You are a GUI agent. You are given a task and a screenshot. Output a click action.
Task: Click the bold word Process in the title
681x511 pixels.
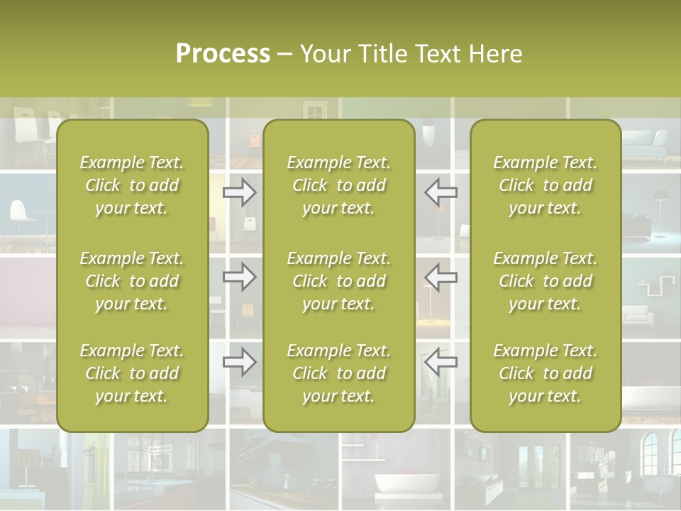[223, 53]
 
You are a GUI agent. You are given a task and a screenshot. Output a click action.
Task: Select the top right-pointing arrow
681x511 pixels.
[240, 192]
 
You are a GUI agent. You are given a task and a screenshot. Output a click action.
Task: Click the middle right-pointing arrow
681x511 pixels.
[240, 276]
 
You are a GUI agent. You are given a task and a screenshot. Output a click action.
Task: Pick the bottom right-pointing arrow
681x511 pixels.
[240, 362]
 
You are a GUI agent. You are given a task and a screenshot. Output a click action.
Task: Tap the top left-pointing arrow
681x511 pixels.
[441, 192]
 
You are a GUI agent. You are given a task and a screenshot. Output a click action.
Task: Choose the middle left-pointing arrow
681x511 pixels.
[441, 276]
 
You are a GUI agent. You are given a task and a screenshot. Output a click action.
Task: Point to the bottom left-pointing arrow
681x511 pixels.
[441, 362]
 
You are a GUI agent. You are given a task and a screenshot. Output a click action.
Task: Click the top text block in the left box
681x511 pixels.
[132, 185]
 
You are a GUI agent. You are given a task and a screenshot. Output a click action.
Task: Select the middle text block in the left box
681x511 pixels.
[132, 281]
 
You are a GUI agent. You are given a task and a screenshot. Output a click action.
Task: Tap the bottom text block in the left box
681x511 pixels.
[132, 373]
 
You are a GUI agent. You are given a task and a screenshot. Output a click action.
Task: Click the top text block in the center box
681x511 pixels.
[338, 185]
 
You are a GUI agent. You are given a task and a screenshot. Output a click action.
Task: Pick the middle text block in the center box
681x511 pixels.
[338, 281]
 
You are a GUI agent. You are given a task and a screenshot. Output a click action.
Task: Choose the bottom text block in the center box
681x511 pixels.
[338, 373]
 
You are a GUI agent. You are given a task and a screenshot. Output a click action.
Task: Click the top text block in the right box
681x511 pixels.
[545, 185]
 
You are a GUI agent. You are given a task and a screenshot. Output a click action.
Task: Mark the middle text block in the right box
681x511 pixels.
[545, 281]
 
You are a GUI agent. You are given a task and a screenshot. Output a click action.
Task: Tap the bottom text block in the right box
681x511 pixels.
[545, 373]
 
